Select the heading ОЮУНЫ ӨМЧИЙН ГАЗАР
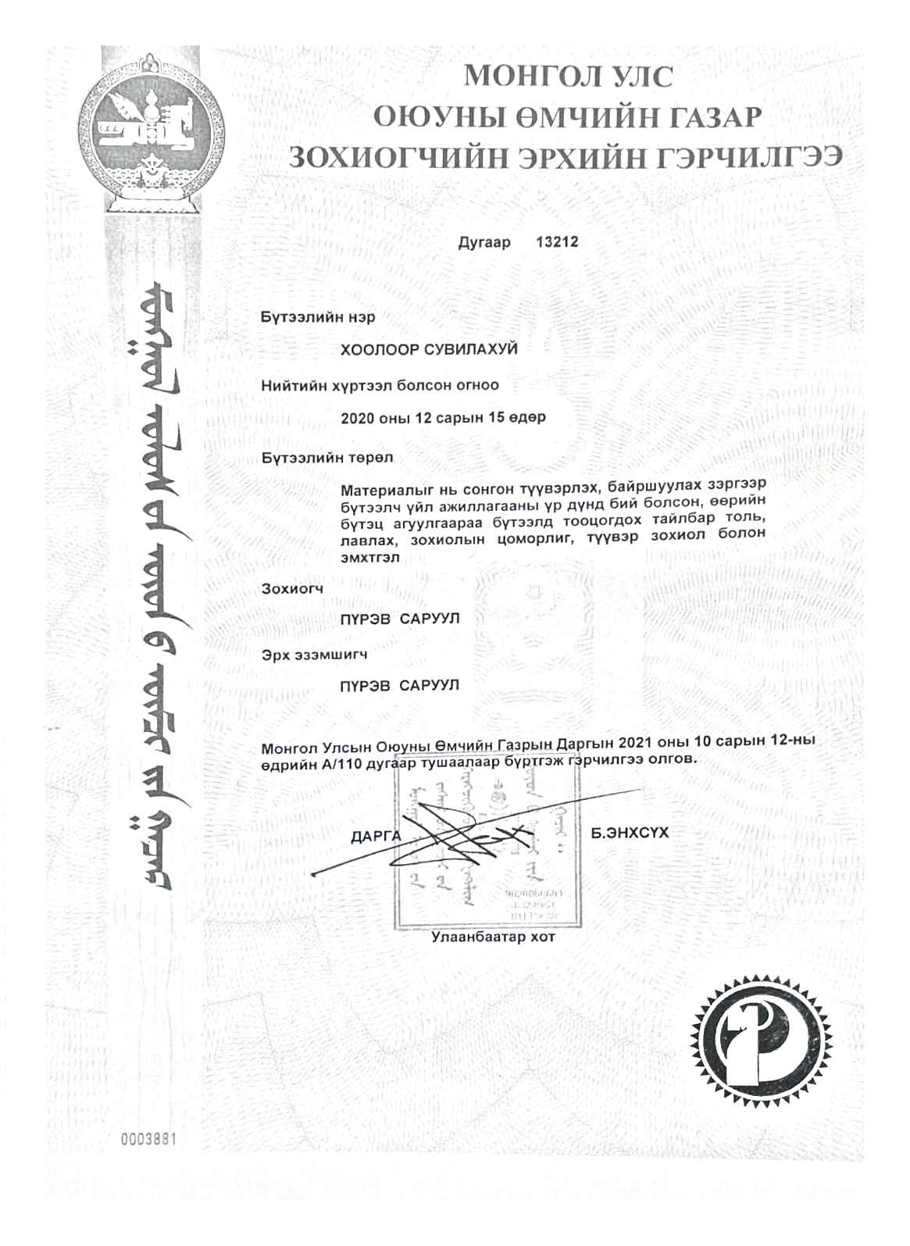pyautogui.click(x=567, y=116)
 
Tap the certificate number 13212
pyautogui.click(x=557, y=242)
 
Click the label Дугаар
pyautogui.click(x=484, y=242)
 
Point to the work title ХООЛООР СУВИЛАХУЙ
pyautogui.click(x=429, y=349)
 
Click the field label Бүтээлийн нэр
pyautogui.click(x=318, y=317)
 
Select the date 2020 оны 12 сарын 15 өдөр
pyautogui.click(x=443, y=417)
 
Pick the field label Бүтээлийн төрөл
pyautogui.click(x=327, y=457)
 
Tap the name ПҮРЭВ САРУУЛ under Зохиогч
pyautogui.click(x=400, y=619)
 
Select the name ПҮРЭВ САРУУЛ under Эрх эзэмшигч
pyautogui.click(x=400, y=686)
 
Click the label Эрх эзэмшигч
pyautogui.click(x=315, y=654)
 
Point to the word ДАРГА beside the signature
pyautogui.click(x=376, y=837)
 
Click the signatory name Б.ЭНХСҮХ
pyautogui.click(x=630, y=833)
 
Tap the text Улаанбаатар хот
pyautogui.click(x=493, y=937)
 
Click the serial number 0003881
pyautogui.click(x=148, y=1139)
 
